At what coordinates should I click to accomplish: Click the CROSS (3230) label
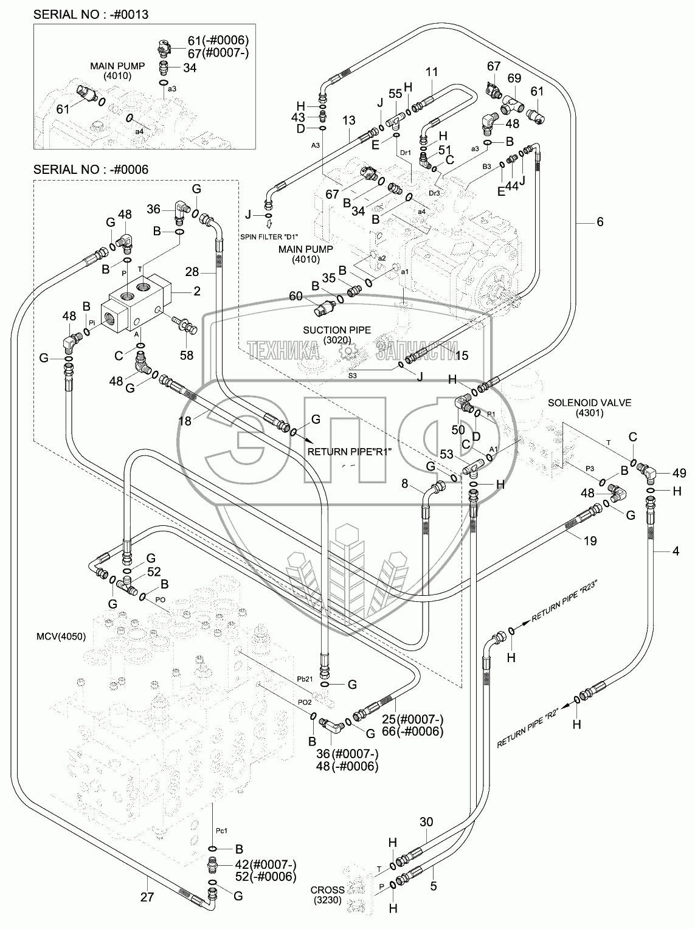[x=328, y=893]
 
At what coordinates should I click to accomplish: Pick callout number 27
[x=147, y=896]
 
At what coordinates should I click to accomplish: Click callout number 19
[x=590, y=540]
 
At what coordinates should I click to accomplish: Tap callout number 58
[x=186, y=355]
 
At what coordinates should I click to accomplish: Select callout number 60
[x=296, y=296]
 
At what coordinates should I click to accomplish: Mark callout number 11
[x=432, y=72]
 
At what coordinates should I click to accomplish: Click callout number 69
[x=514, y=78]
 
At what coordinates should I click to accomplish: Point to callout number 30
[x=426, y=822]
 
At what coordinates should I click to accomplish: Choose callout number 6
[x=600, y=223]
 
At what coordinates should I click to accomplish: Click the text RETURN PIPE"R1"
[x=350, y=452]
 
